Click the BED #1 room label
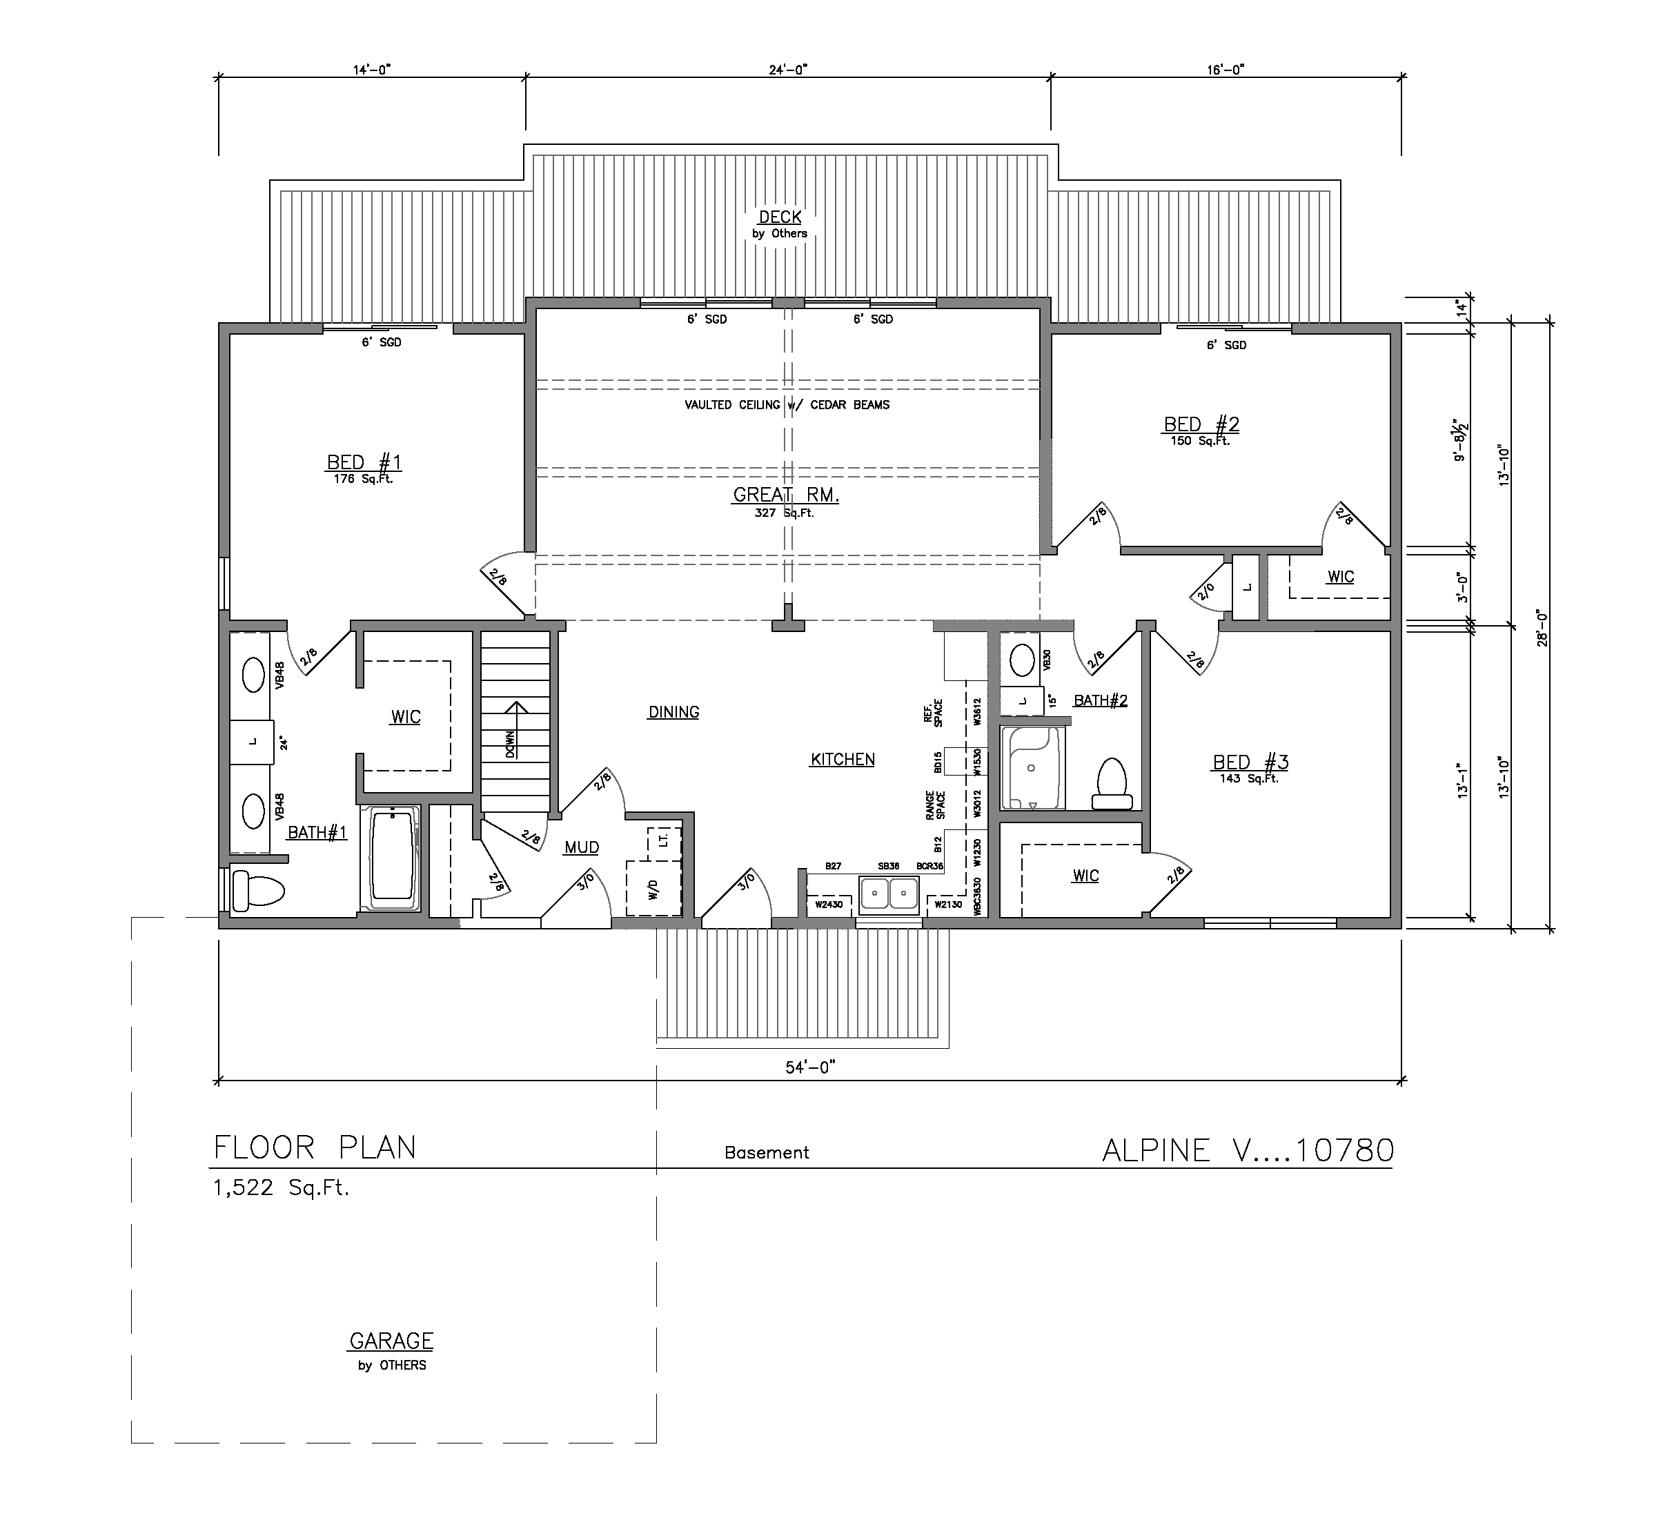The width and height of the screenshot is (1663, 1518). (x=364, y=463)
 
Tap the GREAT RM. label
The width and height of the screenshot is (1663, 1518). (x=785, y=495)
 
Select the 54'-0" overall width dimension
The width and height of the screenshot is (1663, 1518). (x=810, y=1067)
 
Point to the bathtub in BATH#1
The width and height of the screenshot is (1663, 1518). (x=392, y=857)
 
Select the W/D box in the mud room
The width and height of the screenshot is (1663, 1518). (x=654, y=888)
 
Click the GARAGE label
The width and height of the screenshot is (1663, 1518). (x=391, y=1341)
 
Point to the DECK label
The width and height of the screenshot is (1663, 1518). (x=780, y=217)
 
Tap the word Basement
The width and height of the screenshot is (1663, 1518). (x=767, y=1152)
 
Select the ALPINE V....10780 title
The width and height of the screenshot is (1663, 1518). (x=1248, y=1150)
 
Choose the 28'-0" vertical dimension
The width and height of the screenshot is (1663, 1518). (x=1542, y=627)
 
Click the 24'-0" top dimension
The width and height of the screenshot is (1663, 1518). (x=787, y=70)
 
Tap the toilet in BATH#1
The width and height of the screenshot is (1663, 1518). (x=257, y=890)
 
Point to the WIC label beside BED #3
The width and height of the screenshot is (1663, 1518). (x=1085, y=876)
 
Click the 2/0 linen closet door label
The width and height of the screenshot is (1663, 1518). (x=1206, y=590)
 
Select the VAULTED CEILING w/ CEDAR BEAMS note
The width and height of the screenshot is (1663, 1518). (x=787, y=405)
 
